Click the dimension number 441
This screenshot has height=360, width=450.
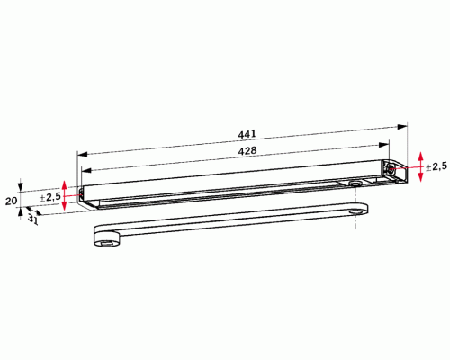click(x=247, y=134)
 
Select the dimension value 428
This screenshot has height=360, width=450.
click(x=247, y=150)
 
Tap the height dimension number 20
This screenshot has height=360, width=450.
click(x=11, y=201)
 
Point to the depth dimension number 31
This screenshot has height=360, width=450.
click(x=33, y=220)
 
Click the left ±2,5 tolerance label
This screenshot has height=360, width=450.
click(x=50, y=197)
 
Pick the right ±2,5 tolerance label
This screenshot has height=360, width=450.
click(x=436, y=166)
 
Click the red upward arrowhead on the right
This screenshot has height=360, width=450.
click(x=420, y=157)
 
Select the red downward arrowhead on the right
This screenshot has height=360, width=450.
click(x=420, y=177)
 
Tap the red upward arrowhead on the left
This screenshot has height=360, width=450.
click(x=64, y=185)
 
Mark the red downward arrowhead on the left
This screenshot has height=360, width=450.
click(x=64, y=206)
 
